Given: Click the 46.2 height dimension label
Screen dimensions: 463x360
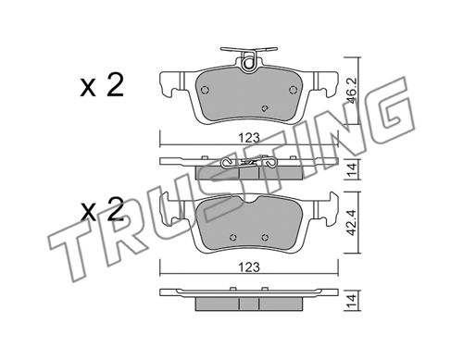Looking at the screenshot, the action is click(353, 91).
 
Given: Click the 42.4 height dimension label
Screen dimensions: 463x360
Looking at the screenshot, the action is click(353, 222).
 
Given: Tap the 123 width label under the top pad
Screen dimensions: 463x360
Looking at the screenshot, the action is click(249, 138).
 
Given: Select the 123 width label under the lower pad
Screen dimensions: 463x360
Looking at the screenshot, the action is click(249, 267).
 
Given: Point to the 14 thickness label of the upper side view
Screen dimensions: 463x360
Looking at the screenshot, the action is click(353, 170).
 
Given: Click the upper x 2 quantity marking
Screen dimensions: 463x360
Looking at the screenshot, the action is click(102, 86).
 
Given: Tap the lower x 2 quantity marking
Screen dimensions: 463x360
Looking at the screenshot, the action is click(102, 209).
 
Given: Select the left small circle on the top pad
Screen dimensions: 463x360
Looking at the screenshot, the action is click(205, 90).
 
